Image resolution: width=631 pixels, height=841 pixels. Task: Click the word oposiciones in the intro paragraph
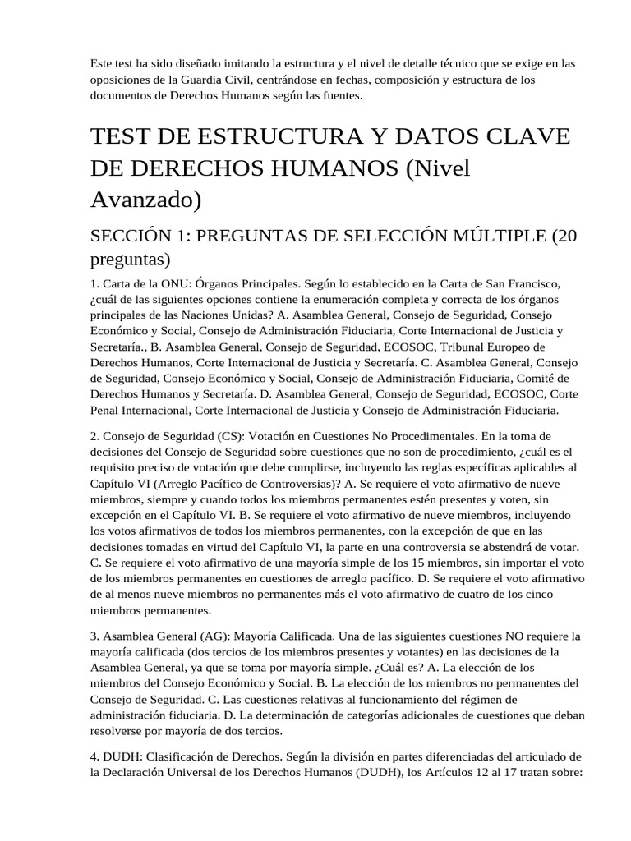click(122, 80)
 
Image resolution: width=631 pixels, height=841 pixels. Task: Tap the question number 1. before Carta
click(95, 283)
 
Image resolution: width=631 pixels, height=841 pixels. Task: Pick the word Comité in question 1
click(541, 378)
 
